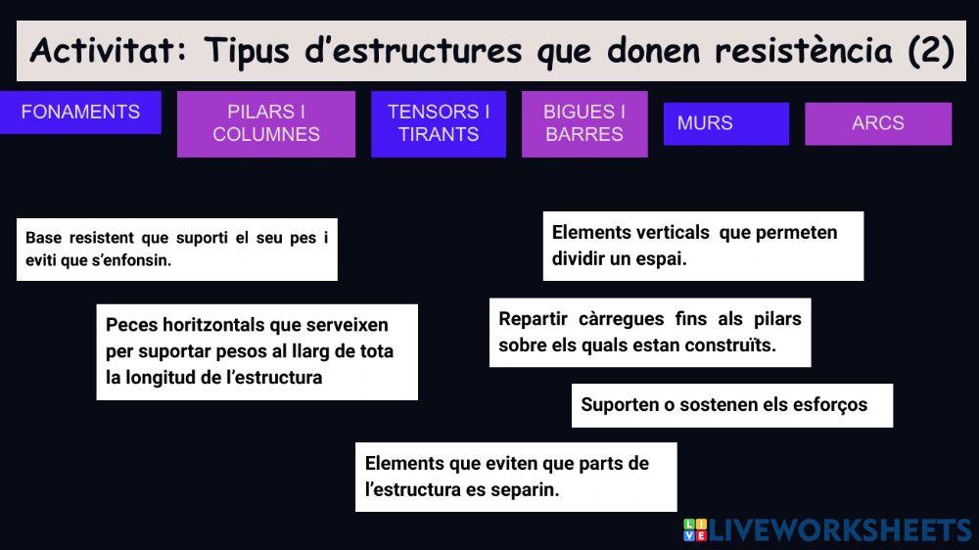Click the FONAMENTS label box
pyautogui.click(x=80, y=112)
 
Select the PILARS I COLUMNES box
pyautogui.click(x=266, y=123)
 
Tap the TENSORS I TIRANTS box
pyautogui.click(x=439, y=123)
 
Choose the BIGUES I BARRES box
pyautogui.click(x=584, y=123)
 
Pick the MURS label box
pyautogui.click(x=725, y=123)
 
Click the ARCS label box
pyautogui.click(x=878, y=123)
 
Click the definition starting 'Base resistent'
pyautogui.click(x=176, y=250)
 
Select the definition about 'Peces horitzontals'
pyautogui.click(x=256, y=351)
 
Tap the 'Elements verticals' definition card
pyautogui.click(x=703, y=246)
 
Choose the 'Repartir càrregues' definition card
pyautogui.click(x=650, y=332)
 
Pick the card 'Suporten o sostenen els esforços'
pyautogui.click(x=731, y=405)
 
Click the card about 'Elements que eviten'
pyautogui.click(x=516, y=476)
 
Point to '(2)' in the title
pyautogui.click(x=930, y=51)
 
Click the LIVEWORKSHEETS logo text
pyautogui.click(x=840, y=530)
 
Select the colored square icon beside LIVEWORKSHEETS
pyautogui.click(x=694, y=530)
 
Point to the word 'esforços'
pyautogui.click(x=830, y=405)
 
